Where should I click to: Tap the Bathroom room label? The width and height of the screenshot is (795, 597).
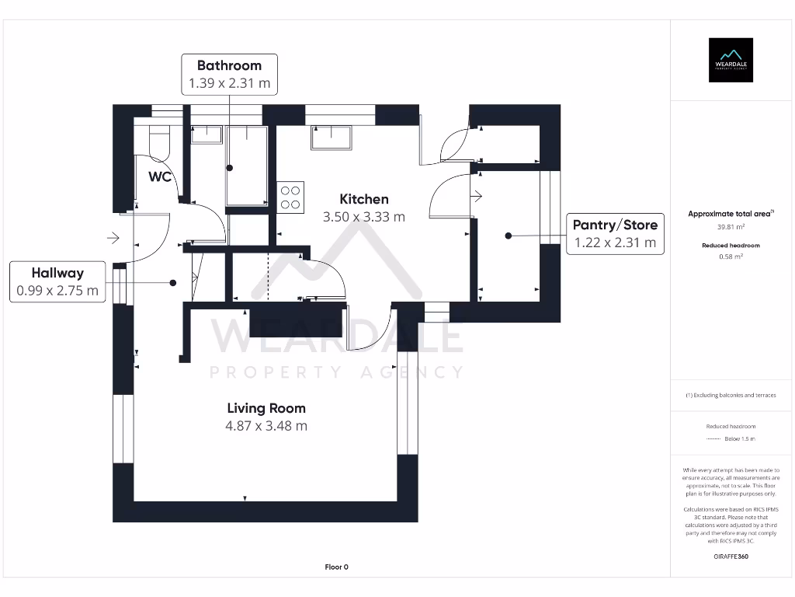(x=229, y=65)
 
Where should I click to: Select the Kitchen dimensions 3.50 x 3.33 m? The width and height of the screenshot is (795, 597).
(x=364, y=217)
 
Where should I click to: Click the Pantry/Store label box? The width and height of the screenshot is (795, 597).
(x=615, y=234)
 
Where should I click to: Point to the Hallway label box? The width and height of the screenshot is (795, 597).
(x=57, y=281)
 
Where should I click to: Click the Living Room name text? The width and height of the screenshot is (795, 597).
(x=266, y=408)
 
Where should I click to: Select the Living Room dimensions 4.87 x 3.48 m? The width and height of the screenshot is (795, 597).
(x=266, y=426)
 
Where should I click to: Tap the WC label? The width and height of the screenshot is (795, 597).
(x=160, y=176)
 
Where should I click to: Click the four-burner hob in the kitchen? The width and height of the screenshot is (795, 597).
(x=290, y=197)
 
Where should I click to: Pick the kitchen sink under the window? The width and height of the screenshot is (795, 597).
(x=332, y=138)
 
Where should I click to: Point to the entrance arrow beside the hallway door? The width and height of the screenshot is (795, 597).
(x=113, y=237)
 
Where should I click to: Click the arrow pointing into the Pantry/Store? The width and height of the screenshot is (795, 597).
(x=477, y=196)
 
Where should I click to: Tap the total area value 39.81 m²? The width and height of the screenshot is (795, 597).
(x=730, y=227)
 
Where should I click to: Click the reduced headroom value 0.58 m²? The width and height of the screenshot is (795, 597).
(x=730, y=256)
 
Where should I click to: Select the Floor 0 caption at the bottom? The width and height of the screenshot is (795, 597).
(x=336, y=567)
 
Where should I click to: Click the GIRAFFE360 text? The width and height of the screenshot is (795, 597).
(x=730, y=557)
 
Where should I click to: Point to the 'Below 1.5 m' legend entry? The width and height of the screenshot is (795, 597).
(x=739, y=439)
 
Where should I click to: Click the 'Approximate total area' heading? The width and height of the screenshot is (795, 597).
(x=730, y=214)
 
